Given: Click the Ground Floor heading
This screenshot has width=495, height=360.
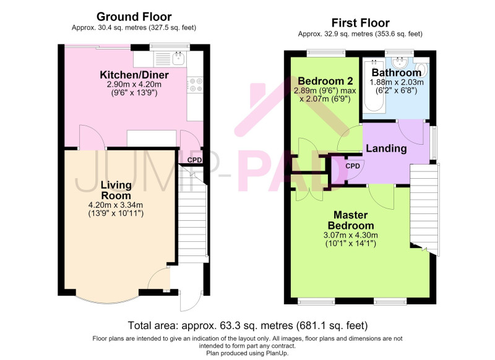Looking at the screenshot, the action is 134,17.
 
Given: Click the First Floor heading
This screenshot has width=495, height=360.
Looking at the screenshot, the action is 360,23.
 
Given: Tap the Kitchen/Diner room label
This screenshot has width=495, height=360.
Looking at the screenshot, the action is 134,75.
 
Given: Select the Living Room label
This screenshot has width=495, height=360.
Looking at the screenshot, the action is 116,190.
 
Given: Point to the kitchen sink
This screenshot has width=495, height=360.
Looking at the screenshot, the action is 179,59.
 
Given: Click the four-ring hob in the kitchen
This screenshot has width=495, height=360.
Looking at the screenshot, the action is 195,85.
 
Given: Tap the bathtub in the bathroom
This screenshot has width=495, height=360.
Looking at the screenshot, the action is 374,85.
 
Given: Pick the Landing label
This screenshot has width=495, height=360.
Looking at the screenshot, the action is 386,148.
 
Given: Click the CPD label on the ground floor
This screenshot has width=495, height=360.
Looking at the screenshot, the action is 194,160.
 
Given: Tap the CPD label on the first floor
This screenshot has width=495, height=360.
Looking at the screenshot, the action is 353,166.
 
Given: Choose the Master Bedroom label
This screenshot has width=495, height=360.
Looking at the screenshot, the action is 351,220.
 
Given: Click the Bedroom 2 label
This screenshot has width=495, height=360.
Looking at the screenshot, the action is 325,81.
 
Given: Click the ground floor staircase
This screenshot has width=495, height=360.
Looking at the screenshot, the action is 192,215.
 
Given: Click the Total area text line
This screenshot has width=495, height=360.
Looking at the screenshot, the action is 248,325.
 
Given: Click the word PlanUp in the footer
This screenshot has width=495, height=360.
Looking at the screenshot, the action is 277,353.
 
